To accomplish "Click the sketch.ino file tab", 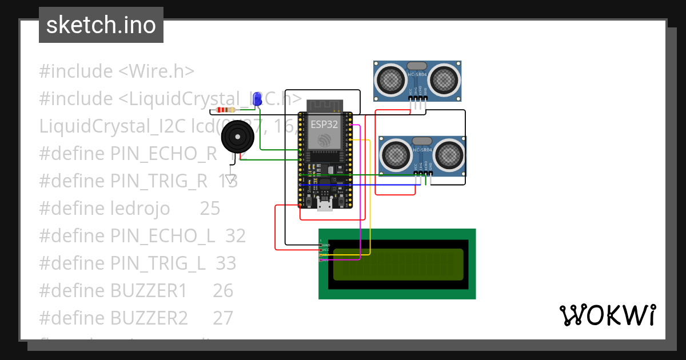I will [101, 25].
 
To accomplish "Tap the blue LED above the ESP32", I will [257, 99].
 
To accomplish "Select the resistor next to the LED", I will [226, 110].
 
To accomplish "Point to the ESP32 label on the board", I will [324, 124].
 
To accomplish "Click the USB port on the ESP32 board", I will [325, 206].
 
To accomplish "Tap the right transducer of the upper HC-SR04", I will [444, 79].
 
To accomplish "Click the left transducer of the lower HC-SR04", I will [396, 154].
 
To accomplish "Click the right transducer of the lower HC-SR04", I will [450, 154].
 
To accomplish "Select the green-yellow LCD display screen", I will [398, 265].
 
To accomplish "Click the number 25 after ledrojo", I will [210, 209].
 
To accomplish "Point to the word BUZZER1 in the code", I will [149, 291].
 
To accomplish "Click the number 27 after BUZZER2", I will [223, 318].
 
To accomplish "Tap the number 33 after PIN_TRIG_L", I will [226, 263].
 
